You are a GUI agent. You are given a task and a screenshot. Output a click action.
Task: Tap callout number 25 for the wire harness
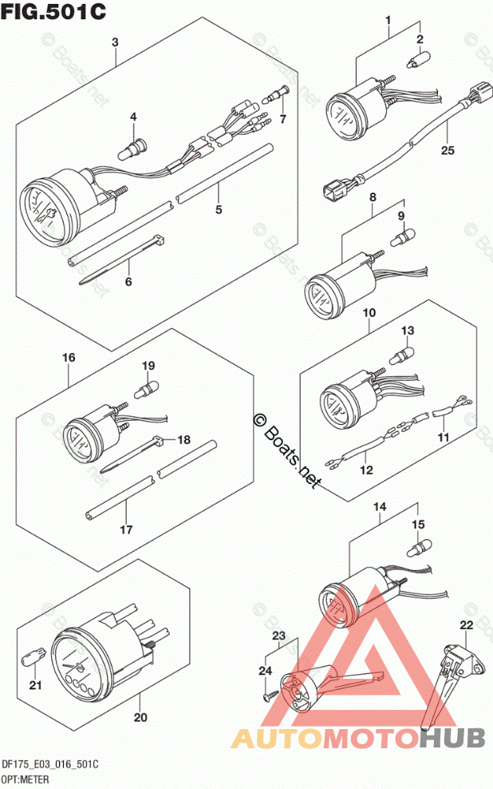pyautogui.click(x=447, y=149)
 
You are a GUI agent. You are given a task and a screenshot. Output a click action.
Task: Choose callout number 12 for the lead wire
pyautogui.click(x=365, y=470)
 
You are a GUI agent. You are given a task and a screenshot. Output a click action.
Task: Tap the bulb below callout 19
pyautogui.click(x=147, y=390)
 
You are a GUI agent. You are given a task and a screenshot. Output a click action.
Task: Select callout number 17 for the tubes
pyautogui.click(x=126, y=529)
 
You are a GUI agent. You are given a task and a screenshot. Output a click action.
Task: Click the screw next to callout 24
pyautogui.click(x=272, y=696)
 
